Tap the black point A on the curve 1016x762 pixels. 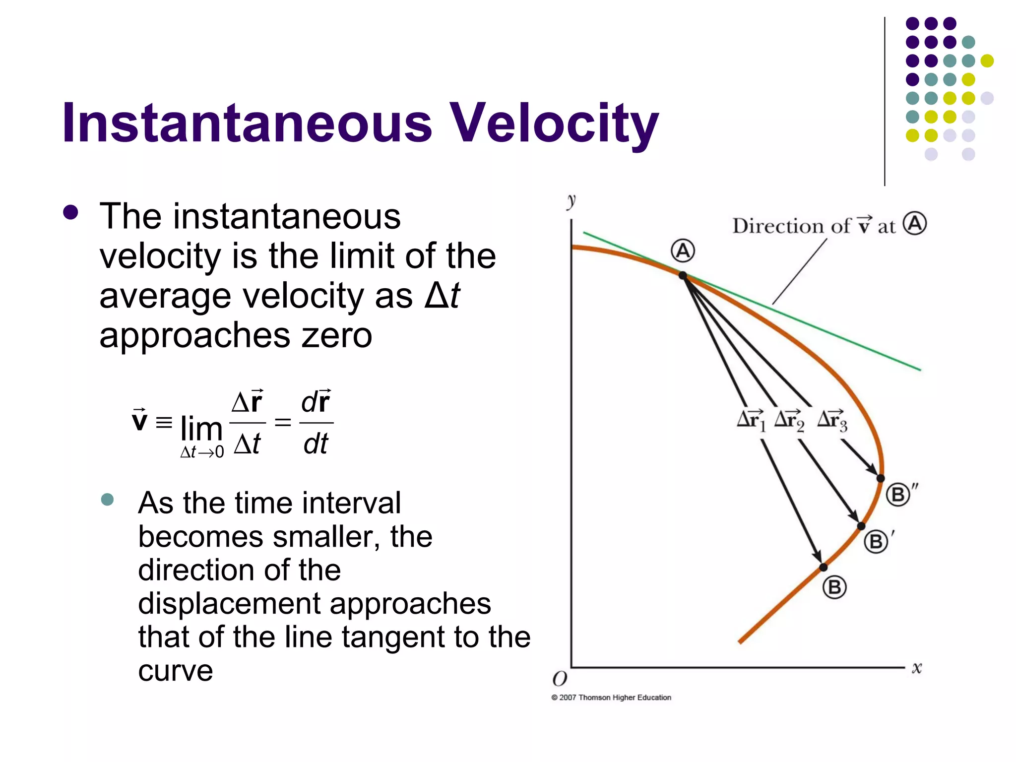[683, 275]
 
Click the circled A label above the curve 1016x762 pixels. [683, 251]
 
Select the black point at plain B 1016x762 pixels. [823, 567]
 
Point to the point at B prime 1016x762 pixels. [861, 526]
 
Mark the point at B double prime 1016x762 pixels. [881, 478]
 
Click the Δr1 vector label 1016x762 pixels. [751, 420]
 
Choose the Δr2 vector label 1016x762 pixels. [789, 420]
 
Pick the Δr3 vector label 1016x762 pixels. [832, 420]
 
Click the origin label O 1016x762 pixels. [560, 679]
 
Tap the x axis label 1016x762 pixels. [917, 668]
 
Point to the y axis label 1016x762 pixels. [571, 201]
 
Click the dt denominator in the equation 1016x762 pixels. [316, 444]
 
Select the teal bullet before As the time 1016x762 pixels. [107, 499]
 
